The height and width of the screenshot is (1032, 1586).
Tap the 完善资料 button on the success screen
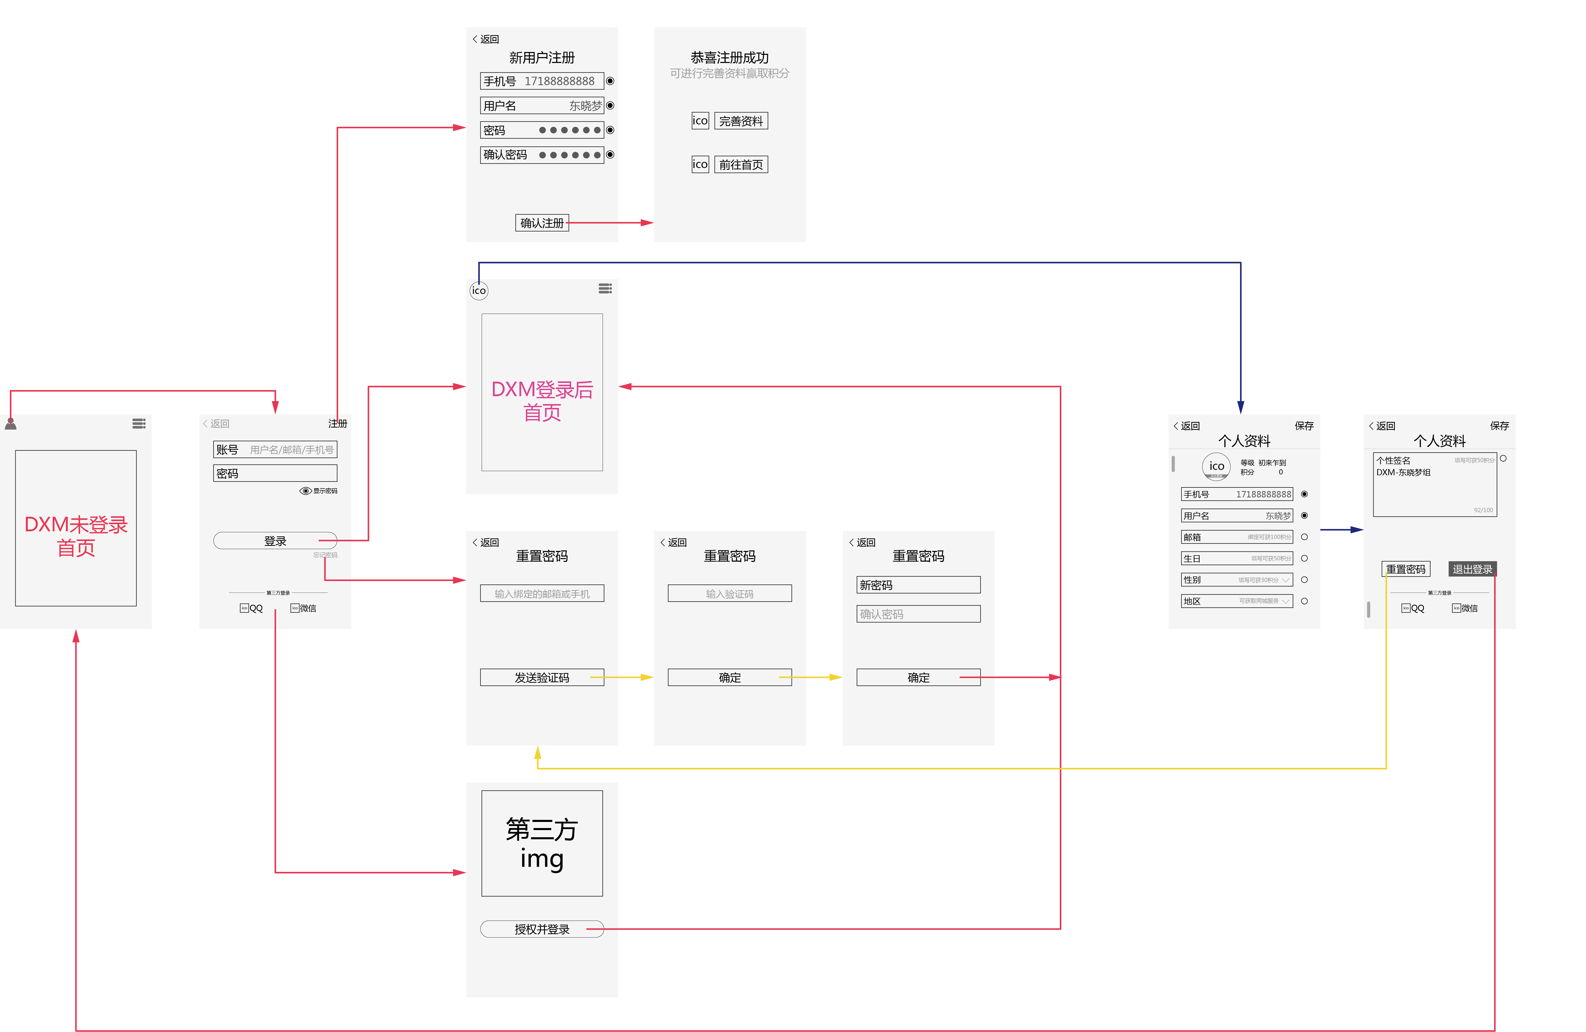741,121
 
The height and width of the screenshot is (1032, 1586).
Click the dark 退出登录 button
1472,569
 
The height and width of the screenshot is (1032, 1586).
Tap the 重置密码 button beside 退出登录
1405,569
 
